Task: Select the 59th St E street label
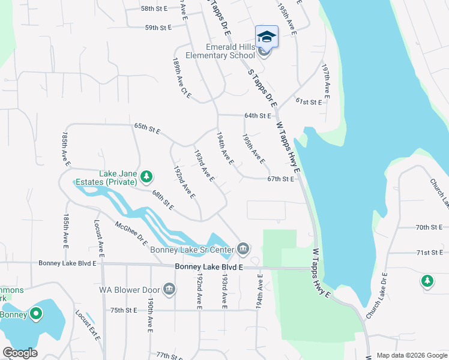point(159,28)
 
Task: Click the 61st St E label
point(309,102)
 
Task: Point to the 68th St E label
point(163,201)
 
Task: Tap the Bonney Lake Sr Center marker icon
point(243,248)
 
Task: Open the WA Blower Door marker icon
point(169,289)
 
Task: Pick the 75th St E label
point(124,310)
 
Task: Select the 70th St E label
point(429,227)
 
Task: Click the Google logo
point(20,353)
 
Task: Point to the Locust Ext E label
point(88,325)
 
